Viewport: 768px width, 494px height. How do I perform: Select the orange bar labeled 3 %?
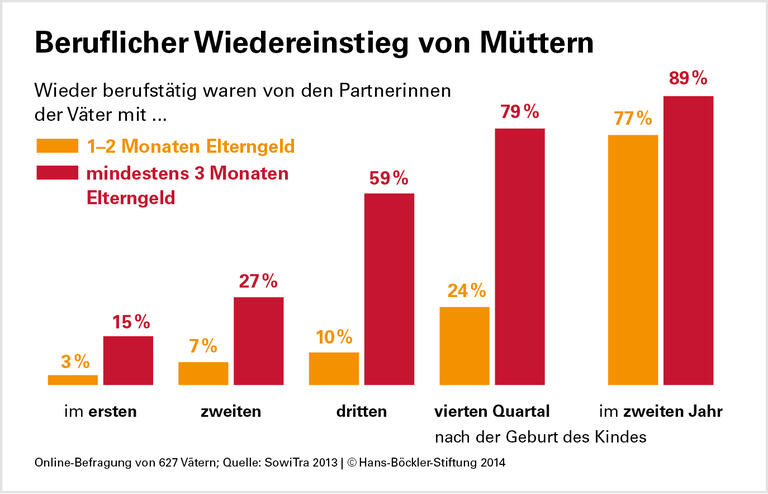coord(73,380)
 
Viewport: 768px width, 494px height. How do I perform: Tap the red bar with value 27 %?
coord(259,341)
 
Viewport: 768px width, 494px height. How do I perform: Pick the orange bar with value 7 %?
coord(203,373)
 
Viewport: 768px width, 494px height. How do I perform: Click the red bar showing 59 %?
coord(389,289)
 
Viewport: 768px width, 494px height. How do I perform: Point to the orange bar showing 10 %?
coord(334,368)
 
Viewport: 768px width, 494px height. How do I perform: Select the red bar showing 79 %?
coord(520,256)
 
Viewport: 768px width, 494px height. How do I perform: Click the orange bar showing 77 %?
coord(633,260)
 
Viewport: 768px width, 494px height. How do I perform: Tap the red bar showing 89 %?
coord(688,240)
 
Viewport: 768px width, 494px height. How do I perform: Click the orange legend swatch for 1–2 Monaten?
coord(55,146)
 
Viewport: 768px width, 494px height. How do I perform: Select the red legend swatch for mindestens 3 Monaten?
coord(55,173)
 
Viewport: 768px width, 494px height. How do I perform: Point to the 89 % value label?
coord(689,78)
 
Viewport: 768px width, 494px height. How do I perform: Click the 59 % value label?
coord(389,178)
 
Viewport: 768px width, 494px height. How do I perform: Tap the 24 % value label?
coord(465,291)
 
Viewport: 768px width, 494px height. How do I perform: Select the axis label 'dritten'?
coord(362,411)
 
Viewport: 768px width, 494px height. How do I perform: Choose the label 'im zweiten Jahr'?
coord(660,411)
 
